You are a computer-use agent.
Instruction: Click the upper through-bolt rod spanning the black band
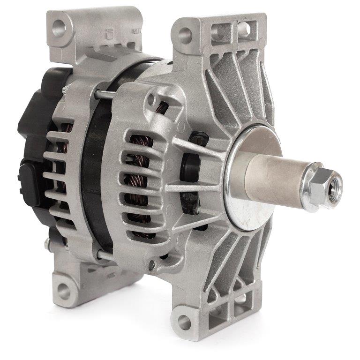(106, 94)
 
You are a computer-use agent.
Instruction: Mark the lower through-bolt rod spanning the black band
(107, 256)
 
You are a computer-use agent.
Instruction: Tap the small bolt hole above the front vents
(150, 99)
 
